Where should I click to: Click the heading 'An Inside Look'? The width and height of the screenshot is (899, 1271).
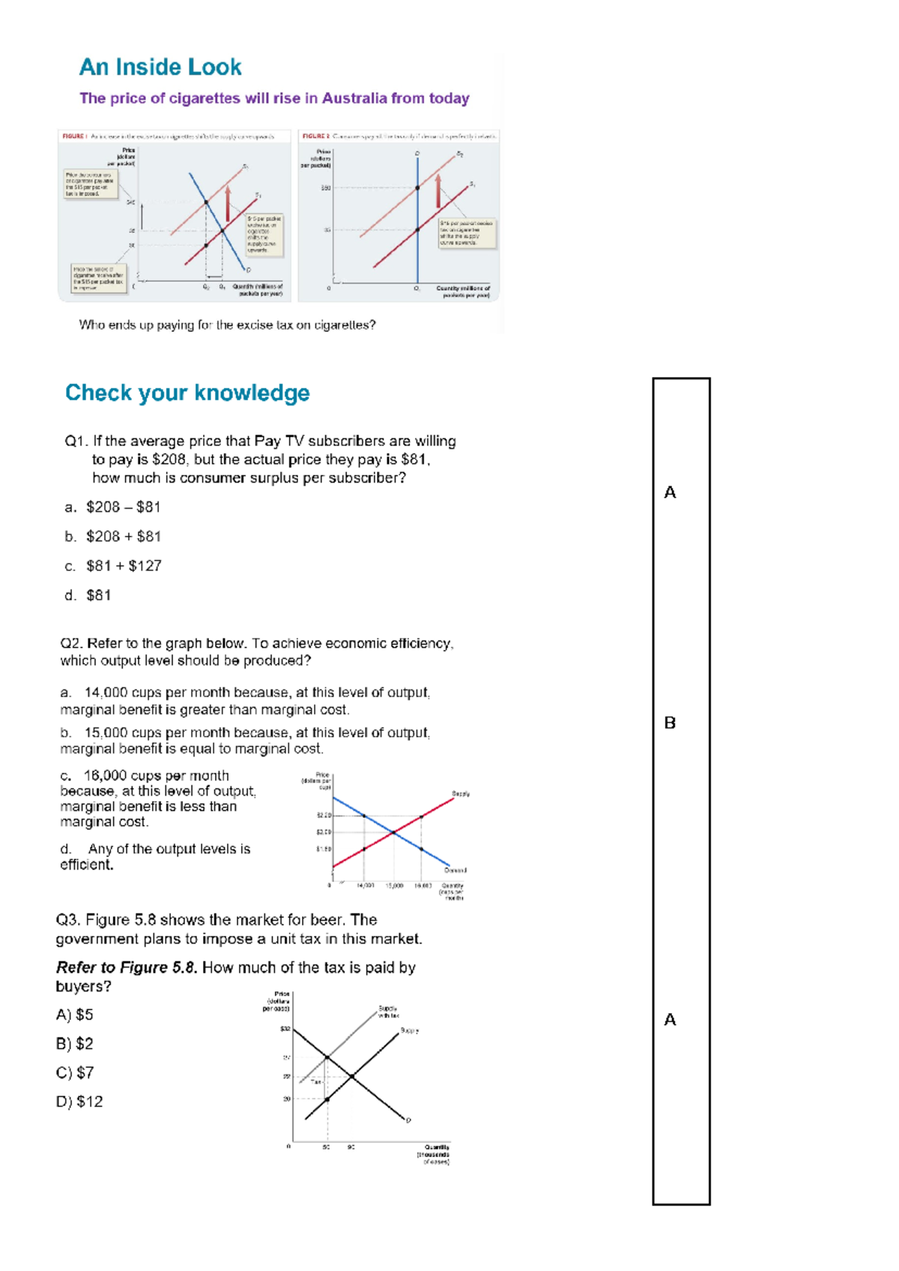point(160,67)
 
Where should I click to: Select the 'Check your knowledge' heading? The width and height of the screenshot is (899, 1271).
point(187,393)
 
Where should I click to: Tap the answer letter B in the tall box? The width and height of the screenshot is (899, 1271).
point(670,723)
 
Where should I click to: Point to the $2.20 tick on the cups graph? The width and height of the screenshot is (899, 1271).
point(324,815)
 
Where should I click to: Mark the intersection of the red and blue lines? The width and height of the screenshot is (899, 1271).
point(393,832)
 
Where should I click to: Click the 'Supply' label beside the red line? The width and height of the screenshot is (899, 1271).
point(460,794)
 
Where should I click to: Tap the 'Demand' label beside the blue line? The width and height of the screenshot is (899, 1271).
point(455,870)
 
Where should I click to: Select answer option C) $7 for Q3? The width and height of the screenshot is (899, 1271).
point(75,1073)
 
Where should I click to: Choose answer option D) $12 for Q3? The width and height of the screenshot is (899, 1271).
point(79,1102)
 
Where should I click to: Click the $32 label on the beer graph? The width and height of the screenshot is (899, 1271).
point(285,1029)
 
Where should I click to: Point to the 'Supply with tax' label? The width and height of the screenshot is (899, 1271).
point(388,1012)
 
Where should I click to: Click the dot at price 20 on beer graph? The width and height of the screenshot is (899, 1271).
point(327,1099)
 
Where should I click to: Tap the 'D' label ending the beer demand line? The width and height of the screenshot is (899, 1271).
point(408,1121)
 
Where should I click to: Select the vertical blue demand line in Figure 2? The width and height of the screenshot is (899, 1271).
point(417,225)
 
